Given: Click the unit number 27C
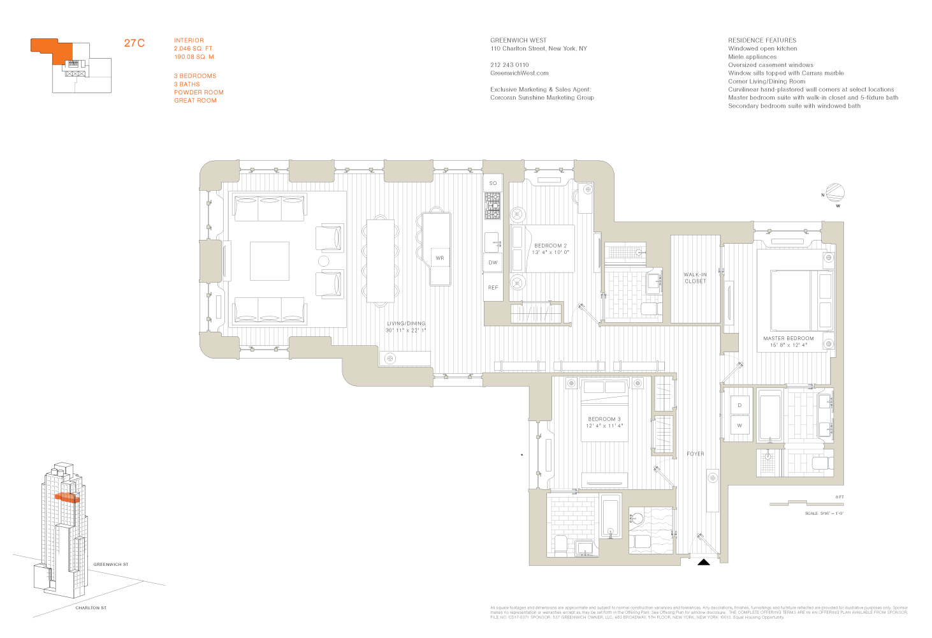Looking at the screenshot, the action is coord(135,43).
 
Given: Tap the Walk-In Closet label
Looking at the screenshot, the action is coord(695,278).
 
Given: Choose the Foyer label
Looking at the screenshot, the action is coord(695,454).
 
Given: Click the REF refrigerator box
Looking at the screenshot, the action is coord(493,288).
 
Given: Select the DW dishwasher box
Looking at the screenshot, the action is coord(493,262).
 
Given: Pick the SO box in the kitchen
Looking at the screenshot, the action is coord(493,183).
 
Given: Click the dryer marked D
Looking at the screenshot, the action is coord(739,406).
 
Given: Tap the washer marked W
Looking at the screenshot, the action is coord(739,426).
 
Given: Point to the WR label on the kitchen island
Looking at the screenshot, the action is coord(440,258).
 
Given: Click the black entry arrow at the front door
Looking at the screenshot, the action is coord(703,562).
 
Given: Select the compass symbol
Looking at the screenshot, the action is coord(835,193).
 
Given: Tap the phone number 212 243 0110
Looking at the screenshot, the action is coord(509,65).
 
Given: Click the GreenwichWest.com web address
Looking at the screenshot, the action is coord(519,73).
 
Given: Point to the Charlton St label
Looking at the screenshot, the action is coord(91,608).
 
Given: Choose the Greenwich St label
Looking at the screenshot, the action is coord(111,565).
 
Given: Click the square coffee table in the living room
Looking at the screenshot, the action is coord(270,261).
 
